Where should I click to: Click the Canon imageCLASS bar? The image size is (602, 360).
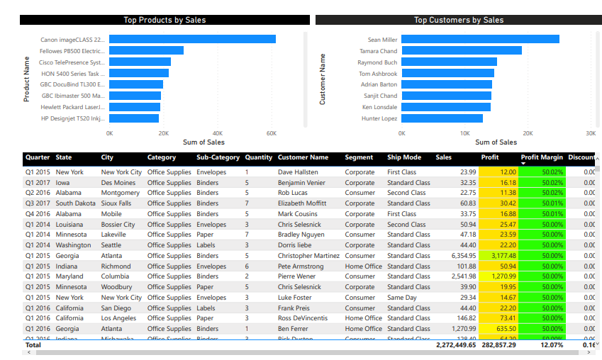click(192, 40)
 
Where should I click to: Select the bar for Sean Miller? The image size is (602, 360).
click(480, 40)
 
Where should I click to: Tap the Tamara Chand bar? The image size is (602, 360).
click(462, 51)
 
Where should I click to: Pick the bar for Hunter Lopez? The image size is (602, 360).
click(442, 118)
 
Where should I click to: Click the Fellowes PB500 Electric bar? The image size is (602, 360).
click(146, 51)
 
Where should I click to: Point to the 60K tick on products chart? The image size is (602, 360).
click(271, 133)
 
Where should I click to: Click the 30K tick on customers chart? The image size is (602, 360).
click(591, 133)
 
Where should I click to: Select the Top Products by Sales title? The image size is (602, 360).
click(165, 21)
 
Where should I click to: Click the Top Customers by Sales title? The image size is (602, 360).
click(459, 21)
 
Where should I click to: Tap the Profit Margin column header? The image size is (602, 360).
click(542, 157)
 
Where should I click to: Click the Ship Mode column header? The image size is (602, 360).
click(404, 157)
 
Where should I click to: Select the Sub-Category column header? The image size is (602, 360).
click(218, 157)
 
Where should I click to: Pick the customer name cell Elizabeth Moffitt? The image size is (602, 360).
click(302, 203)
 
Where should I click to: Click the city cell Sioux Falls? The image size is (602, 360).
click(116, 203)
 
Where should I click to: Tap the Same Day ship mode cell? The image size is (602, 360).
click(402, 298)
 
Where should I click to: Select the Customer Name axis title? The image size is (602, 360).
click(323, 79)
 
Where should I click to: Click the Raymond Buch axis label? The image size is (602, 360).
click(377, 62)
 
